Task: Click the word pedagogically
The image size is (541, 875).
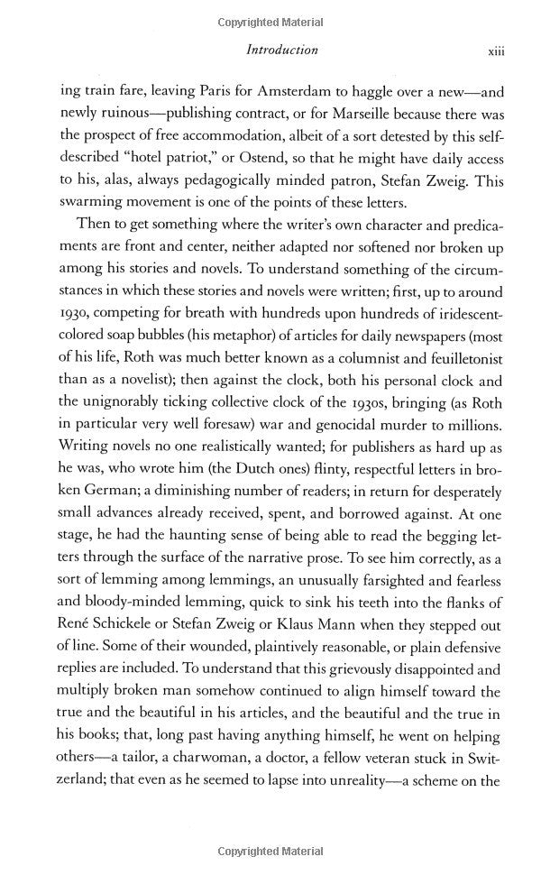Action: pyautogui.click(x=237, y=182)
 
